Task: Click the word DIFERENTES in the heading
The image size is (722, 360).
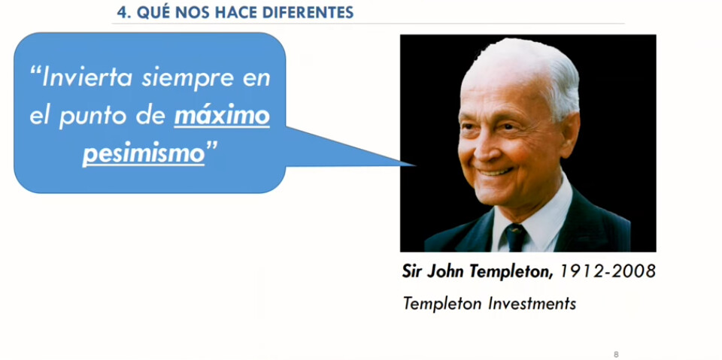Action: coord(308,13)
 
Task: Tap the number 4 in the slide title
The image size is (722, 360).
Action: coord(121,13)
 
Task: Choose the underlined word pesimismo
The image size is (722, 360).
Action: coord(143,155)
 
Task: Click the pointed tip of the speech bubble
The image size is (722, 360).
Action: coord(415,165)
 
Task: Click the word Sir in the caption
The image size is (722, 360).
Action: coord(411,271)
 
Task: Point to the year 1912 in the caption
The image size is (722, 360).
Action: coord(581,271)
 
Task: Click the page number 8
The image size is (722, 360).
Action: coord(616,355)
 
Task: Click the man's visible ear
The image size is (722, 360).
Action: coord(568,135)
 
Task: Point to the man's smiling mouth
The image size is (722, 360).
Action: coord(495,173)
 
